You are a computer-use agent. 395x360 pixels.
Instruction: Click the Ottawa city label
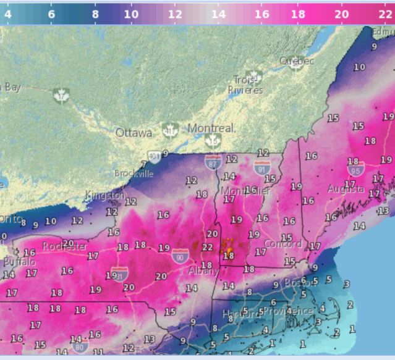pos(134,133)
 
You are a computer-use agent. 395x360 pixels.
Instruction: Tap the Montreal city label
pos(211,128)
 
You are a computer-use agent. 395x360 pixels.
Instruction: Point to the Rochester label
pos(65,246)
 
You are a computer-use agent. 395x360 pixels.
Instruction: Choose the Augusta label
pos(346,188)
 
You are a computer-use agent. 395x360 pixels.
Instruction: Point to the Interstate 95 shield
pos(354,171)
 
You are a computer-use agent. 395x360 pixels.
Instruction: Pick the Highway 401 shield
pos(153,156)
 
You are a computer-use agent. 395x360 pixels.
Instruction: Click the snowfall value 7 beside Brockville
pos(144,165)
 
